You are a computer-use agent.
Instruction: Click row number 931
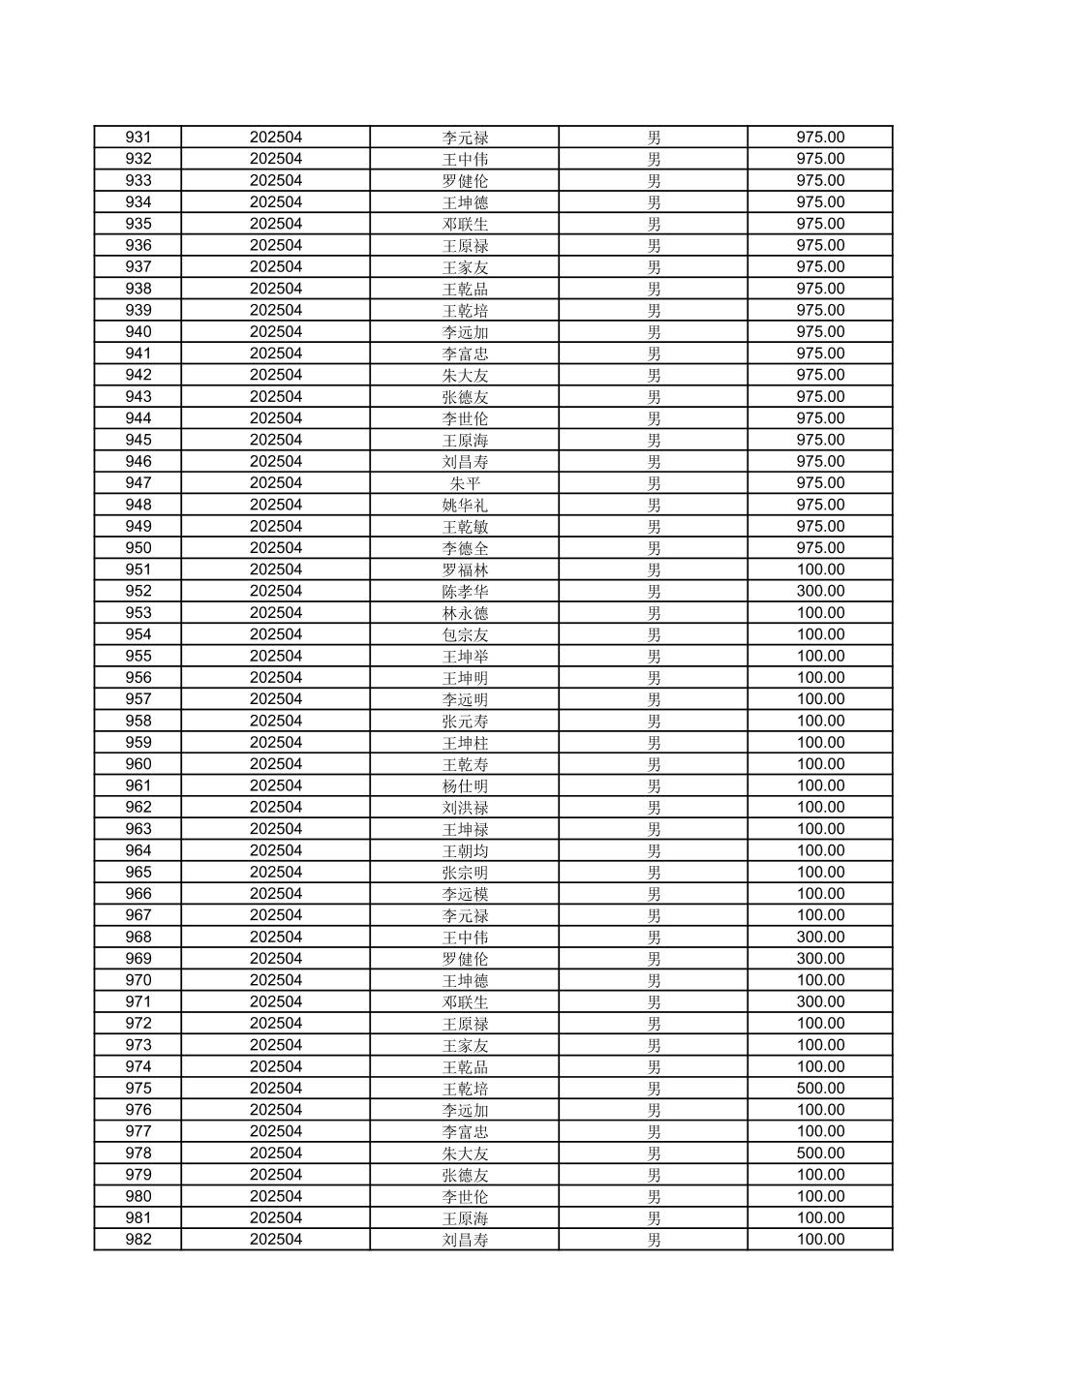[x=138, y=138]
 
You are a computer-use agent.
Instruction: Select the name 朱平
[x=465, y=483]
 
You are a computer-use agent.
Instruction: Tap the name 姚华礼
[x=465, y=505]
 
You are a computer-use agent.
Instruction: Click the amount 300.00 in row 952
[x=820, y=591]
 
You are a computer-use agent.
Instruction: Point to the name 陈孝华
[x=465, y=591]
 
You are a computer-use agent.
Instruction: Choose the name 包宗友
[x=465, y=634]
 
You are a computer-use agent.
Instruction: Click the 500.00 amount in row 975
[x=820, y=1089]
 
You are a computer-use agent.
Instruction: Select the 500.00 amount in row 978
[x=820, y=1153]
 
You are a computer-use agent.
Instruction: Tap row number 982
[x=138, y=1240]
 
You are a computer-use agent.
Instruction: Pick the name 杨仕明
[x=465, y=785]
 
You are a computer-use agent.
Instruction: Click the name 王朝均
[x=465, y=850]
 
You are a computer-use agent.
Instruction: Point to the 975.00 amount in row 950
[x=820, y=548]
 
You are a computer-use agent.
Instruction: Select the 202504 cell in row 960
[x=276, y=764]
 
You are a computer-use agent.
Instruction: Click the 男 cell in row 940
[x=654, y=332]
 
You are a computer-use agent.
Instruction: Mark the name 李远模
[x=465, y=894]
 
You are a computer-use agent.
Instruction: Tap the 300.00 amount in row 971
[x=820, y=1001]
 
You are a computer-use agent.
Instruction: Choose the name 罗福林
[x=465, y=569]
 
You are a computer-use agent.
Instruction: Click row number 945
[x=138, y=440]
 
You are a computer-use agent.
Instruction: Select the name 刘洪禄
[x=465, y=807]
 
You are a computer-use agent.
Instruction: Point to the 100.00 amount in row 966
[x=820, y=894]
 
